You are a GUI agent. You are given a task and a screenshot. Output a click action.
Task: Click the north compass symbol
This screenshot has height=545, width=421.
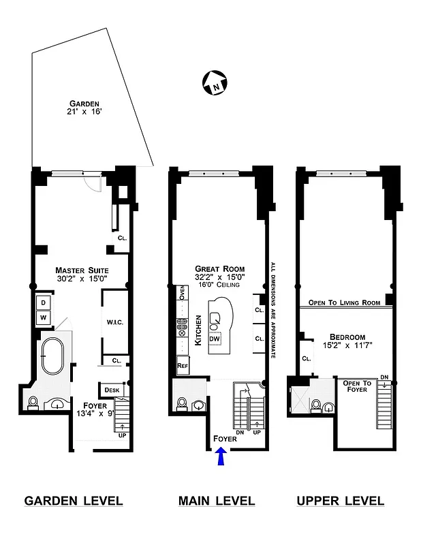214,84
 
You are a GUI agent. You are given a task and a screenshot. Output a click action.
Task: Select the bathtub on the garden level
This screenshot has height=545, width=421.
52,356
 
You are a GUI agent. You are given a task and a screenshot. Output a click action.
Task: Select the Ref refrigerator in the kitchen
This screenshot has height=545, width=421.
183,365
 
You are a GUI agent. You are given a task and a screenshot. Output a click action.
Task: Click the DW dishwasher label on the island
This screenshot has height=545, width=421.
215,339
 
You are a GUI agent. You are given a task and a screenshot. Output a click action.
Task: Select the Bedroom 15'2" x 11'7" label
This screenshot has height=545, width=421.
347,341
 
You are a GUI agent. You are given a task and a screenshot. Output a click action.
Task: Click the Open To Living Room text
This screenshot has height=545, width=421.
343,302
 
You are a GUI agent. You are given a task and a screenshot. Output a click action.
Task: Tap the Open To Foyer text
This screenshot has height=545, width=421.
356,386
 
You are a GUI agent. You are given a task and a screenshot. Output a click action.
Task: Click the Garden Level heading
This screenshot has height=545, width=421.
74,501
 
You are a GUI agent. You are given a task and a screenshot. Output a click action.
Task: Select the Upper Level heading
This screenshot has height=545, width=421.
340,501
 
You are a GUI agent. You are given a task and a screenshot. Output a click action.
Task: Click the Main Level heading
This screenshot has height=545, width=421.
217,501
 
